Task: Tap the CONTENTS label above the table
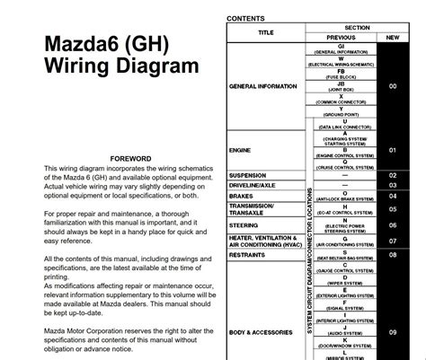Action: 246,18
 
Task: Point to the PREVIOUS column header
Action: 341,38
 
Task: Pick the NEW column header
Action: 392,38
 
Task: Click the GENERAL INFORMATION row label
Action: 266,87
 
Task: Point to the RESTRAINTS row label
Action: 252,254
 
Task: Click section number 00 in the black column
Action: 392,87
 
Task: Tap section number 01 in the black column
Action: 392,151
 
